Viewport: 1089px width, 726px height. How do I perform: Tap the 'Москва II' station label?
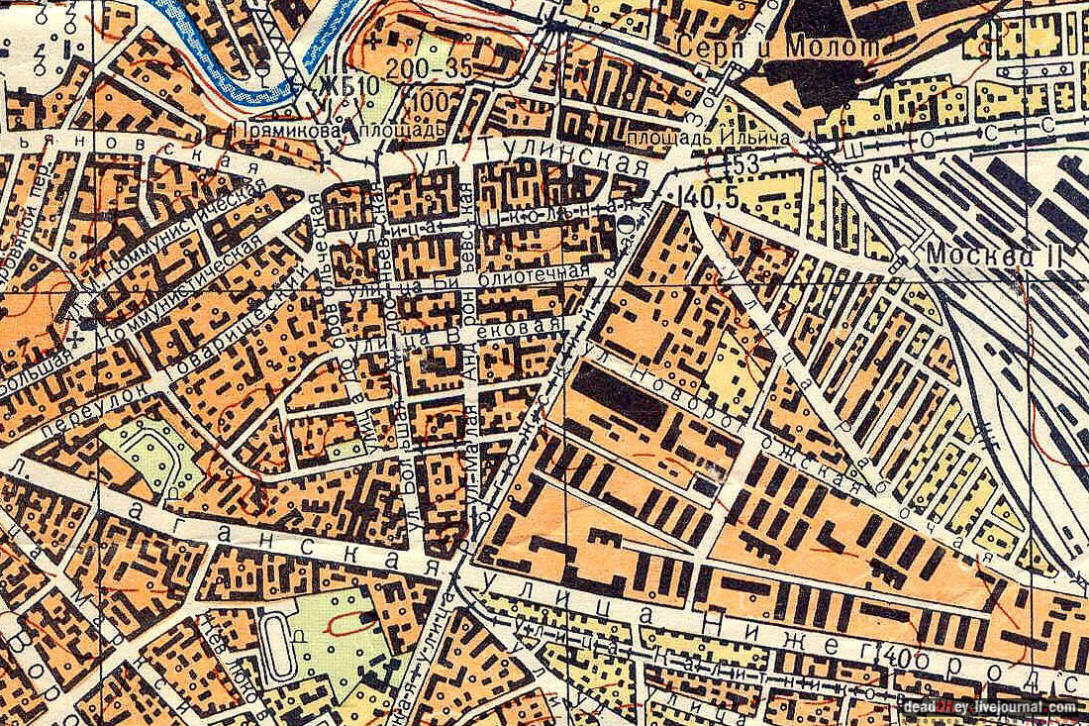point(993,255)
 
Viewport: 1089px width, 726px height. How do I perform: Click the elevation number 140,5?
point(710,197)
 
